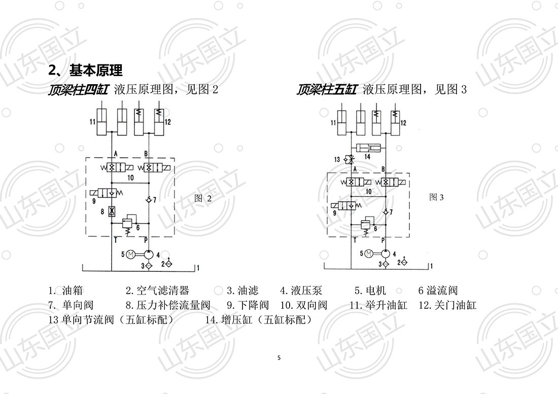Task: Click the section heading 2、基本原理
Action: click(x=85, y=69)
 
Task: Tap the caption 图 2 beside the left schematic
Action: click(x=203, y=198)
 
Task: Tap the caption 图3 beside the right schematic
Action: click(x=436, y=197)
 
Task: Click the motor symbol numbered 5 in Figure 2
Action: click(x=130, y=254)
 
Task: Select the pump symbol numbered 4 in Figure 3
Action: click(x=385, y=253)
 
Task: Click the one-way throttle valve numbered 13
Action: click(x=348, y=159)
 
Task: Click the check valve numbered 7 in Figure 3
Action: click(x=385, y=211)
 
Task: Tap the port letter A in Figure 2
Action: click(x=116, y=153)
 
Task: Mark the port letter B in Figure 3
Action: click(x=382, y=168)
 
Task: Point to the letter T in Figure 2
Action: click(x=116, y=239)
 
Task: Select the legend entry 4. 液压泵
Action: click(x=301, y=291)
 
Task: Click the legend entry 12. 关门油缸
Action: click(x=447, y=305)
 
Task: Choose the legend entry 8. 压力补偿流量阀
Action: click(x=167, y=305)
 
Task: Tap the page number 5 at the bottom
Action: click(x=279, y=358)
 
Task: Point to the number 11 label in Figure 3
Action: click(x=333, y=123)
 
